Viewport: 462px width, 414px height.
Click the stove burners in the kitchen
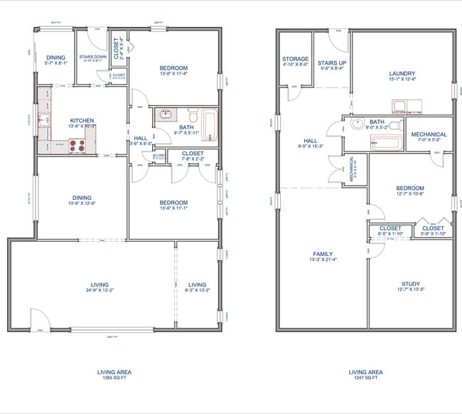pos(76,145)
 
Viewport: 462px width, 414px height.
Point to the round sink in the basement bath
pos(358,123)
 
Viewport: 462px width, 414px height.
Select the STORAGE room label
pos(295,59)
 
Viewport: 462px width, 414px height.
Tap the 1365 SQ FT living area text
pos(114,378)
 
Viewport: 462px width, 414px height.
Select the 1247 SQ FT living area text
pos(366,378)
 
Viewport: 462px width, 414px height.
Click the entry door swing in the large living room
pos(39,319)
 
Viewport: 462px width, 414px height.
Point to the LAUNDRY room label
pos(402,73)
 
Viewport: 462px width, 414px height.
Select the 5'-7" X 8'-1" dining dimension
pos(55,63)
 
